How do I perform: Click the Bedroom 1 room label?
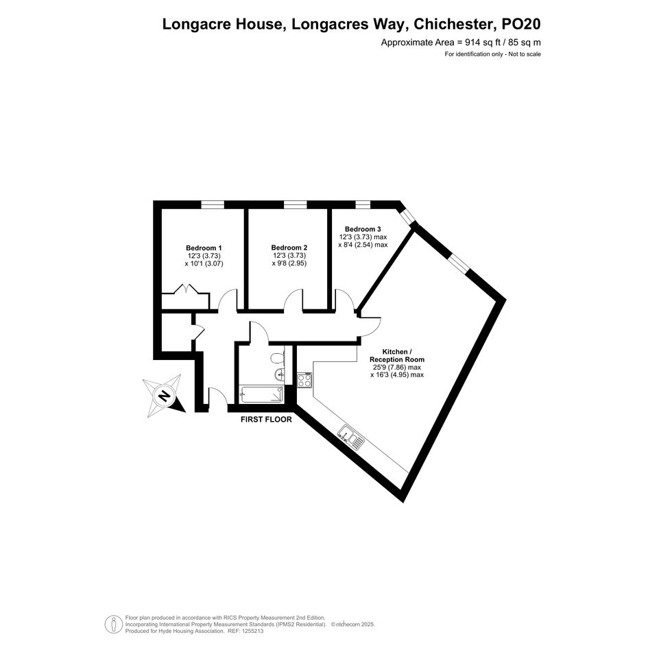click(204, 248)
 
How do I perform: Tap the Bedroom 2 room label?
click(289, 248)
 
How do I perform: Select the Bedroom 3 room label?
click(363, 229)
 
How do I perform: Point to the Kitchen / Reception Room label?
click(397, 355)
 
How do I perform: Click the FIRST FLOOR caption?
click(266, 420)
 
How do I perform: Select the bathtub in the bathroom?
click(261, 394)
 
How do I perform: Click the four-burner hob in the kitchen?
click(304, 380)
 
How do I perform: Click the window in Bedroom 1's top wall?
click(213, 204)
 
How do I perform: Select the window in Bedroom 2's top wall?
click(296, 204)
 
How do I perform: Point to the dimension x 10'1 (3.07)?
click(204, 263)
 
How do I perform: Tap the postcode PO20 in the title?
click(521, 25)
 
